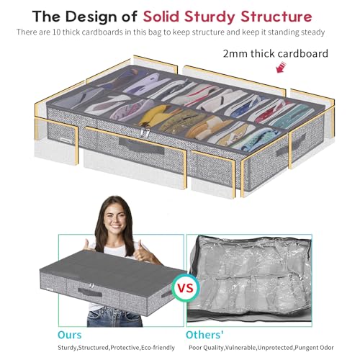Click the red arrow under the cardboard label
(281, 67)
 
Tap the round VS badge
(186, 288)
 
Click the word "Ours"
(70, 335)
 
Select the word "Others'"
(204, 335)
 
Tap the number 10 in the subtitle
(56, 32)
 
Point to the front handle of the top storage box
(142, 146)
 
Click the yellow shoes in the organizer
(156, 116)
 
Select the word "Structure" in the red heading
(276, 17)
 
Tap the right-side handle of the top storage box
(291, 145)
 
